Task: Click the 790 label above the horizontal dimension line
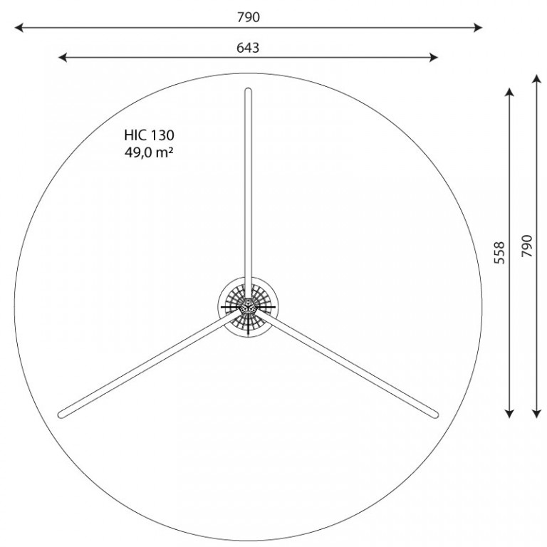[249, 17]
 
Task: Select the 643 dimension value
[248, 48]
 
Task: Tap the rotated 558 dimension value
[499, 253]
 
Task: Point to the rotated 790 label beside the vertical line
[527, 246]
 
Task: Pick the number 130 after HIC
[162, 135]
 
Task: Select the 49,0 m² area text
[149, 152]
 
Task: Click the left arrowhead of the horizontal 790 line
[19, 28]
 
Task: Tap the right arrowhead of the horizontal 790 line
[478, 28]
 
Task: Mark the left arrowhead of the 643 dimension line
[63, 57]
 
